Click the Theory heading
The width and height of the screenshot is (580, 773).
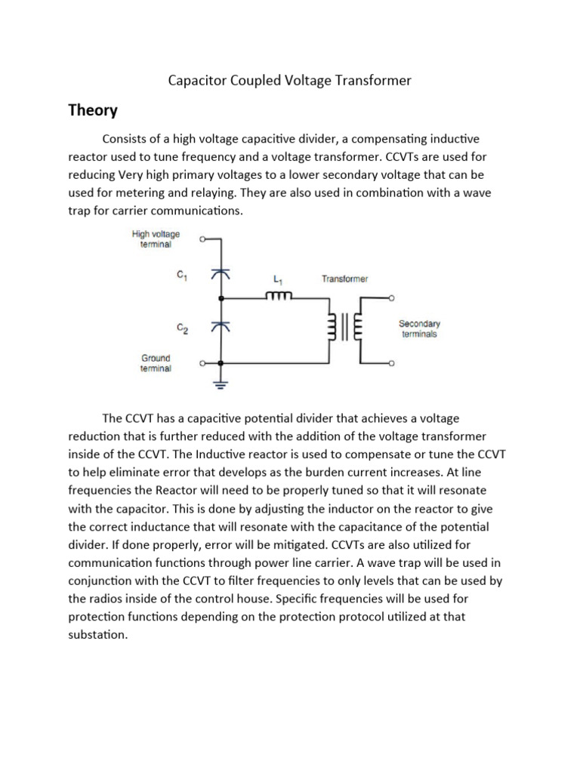pyautogui.click(x=93, y=111)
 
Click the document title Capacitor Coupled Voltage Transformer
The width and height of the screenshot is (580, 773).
pyautogui.click(x=289, y=80)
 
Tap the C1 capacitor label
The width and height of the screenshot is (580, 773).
pyautogui.click(x=182, y=276)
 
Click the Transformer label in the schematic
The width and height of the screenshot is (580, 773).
pyautogui.click(x=344, y=279)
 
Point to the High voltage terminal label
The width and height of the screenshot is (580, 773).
pyautogui.click(x=156, y=239)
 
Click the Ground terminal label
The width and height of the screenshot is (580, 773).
pyautogui.click(x=156, y=363)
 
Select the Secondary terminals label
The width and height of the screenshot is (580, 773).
pyautogui.click(x=419, y=328)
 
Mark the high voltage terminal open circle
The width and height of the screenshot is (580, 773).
pyautogui.click(x=202, y=240)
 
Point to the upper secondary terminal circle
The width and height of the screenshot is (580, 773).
pyautogui.click(x=391, y=298)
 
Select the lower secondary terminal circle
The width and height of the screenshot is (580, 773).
pyautogui.click(x=391, y=364)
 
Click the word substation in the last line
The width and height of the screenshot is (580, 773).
pyautogui.click(x=98, y=634)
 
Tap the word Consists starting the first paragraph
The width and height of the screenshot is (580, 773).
pyautogui.click(x=127, y=139)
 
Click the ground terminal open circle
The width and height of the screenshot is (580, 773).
pyautogui.click(x=202, y=364)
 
